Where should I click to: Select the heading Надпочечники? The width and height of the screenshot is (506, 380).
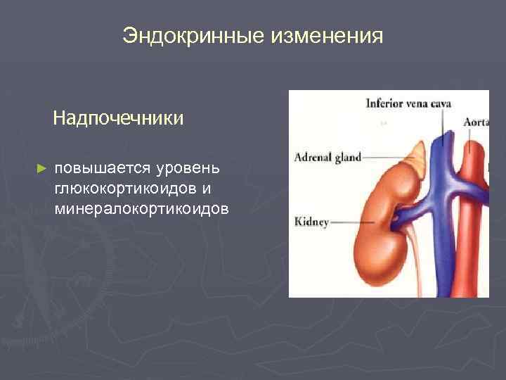pyautogui.click(x=118, y=118)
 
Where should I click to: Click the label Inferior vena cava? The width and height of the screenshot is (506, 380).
pyautogui.click(x=408, y=103)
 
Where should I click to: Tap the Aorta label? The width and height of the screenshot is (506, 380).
pyautogui.click(x=475, y=121)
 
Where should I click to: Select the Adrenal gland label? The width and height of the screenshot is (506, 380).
pyautogui.click(x=327, y=157)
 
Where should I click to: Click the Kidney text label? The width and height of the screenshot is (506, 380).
pyautogui.click(x=311, y=222)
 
